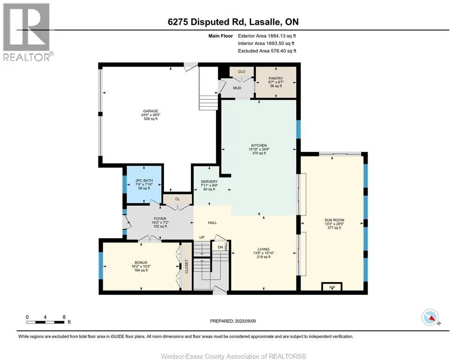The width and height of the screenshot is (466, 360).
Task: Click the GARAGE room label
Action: click(x=150, y=111)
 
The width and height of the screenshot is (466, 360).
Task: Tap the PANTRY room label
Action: click(x=276, y=78)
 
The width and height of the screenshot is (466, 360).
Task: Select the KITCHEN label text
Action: click(x=259, y=146)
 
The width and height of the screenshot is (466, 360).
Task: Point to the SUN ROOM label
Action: click(x=334, y=220)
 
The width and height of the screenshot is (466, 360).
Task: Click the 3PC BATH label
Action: click(x=144, y=181)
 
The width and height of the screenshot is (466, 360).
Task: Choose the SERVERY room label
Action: click(x=209, y=181)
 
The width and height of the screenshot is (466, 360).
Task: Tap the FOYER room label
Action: click(x=160, y=219)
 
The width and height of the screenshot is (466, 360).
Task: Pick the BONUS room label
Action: click(x=141, y=263)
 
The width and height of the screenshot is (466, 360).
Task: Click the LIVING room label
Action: click(x=263, y=249)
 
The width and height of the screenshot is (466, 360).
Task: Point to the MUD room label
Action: click(x=237, y=88)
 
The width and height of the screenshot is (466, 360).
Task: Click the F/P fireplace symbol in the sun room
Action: click(x=332, y=286)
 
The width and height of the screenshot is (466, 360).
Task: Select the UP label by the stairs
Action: click(x=202, y=238)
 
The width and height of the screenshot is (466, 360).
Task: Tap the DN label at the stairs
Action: click(x=220, y=247)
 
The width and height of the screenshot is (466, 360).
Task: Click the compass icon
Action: click(x=430, y=317)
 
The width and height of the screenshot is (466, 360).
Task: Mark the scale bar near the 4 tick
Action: click(x=45, y=322)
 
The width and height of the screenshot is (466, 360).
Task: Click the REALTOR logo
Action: click(x=27, y=32)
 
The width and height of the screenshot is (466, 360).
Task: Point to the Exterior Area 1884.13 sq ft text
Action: click(x=267, y=36)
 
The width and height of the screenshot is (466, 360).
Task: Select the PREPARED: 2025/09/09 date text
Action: click(x=233, y=321)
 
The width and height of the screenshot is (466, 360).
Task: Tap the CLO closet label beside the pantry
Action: click(x=241, y=72)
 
